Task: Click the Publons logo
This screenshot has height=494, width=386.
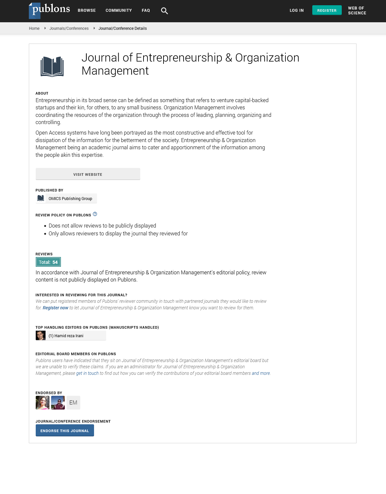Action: coord(49,10)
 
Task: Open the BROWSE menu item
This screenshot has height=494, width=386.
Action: coord(87,10)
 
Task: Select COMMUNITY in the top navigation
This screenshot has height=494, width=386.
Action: coord(119,10)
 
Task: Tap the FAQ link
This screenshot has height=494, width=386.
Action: coord(146,10)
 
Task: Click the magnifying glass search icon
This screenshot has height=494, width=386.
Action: coord(164,11)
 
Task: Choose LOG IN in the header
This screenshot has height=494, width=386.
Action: coord(297,10)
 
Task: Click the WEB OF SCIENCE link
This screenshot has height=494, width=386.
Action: coord(357,10)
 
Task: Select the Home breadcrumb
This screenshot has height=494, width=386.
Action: coord(34,28)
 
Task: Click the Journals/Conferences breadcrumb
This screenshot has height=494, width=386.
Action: coord(69,28)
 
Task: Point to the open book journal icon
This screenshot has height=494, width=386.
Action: coord(52,66)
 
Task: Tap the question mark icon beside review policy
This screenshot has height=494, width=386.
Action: coord(95,214)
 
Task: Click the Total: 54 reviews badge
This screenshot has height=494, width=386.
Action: coord(48,262)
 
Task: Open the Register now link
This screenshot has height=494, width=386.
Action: coord(55,308)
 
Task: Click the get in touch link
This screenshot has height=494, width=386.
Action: coord(87,373)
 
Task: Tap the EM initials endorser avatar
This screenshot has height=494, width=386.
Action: coord(73,403)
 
